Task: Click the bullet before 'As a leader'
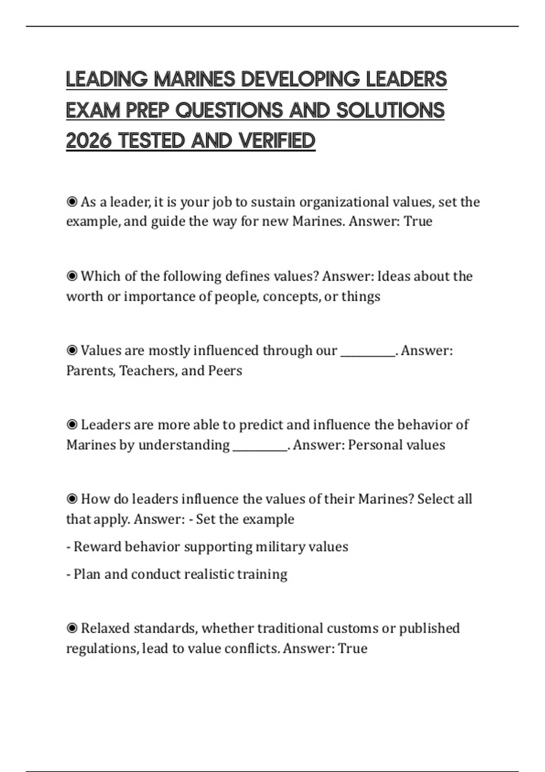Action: point(72,202)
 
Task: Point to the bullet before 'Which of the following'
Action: point(72,276)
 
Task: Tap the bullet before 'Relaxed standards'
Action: point(72,628)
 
